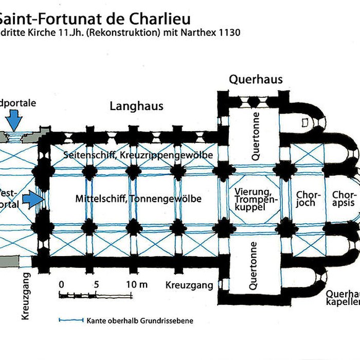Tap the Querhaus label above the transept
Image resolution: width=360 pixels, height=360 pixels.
(256, 79)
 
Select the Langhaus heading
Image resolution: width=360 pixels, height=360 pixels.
(136, 106)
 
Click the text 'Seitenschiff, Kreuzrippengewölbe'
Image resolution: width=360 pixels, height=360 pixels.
(138, 155)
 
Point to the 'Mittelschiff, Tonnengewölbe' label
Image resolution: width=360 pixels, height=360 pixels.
(138, 199)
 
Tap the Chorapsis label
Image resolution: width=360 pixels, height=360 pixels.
(344, 199)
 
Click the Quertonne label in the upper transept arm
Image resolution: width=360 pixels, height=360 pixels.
(256, 135)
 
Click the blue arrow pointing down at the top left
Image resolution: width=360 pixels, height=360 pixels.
(15, 121)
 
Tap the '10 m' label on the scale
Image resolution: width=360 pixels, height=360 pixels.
(136, 284)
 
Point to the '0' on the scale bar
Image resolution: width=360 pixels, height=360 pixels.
(61, 284)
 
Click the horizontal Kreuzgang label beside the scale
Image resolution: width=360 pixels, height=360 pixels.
(189, 284)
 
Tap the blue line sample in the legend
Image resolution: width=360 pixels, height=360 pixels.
(71, 320)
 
